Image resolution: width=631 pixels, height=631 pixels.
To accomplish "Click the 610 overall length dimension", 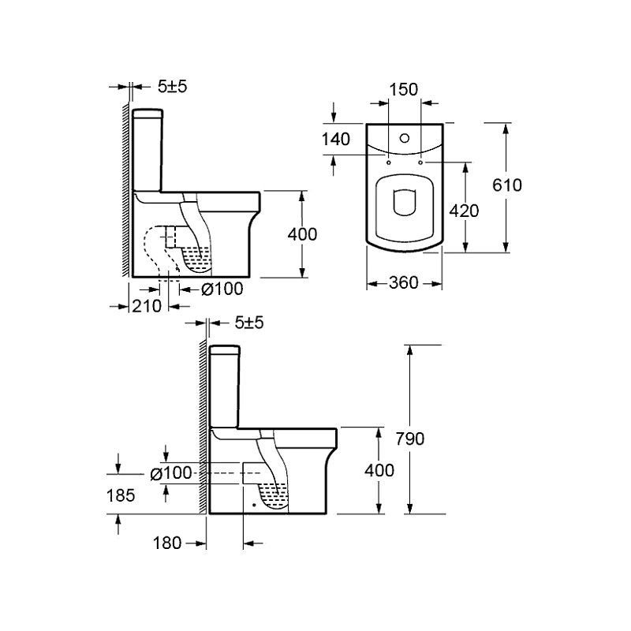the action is (507, 185).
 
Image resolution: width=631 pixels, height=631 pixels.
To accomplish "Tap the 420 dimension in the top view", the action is (464, 211).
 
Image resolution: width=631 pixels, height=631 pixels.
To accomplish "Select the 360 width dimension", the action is (404, 283).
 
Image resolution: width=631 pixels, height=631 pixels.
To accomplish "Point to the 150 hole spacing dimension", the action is (404, 89).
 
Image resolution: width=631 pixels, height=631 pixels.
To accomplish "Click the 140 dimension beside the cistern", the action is (336, 140).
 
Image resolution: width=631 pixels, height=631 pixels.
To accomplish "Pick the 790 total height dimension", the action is (410, 439).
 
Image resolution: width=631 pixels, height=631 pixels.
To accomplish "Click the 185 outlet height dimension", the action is (121, 495).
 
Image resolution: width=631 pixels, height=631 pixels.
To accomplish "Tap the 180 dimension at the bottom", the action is (167, 543).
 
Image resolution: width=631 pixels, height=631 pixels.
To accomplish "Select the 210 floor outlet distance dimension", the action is (147, 306).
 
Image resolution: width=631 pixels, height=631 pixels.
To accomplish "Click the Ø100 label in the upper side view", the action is (222, 289).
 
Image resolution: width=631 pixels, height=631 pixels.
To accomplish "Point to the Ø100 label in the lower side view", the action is (171, 473).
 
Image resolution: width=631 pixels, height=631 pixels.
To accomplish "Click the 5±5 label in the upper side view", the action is (172, 87).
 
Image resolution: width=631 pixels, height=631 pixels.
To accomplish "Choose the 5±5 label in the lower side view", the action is (249, 323).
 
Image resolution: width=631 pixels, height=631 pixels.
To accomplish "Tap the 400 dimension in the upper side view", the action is (302, 234).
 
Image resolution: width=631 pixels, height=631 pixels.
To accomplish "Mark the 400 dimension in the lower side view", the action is (379, 470).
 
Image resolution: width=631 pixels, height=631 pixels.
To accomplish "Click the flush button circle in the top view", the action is (405, 139).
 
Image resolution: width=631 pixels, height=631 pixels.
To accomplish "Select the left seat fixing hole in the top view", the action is (389, 162).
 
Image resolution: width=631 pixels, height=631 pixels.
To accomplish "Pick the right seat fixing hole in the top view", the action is (421, 162).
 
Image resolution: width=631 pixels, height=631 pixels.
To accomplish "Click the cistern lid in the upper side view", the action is (147, 114).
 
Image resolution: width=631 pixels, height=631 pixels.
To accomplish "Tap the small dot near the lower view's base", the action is (253, 504).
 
